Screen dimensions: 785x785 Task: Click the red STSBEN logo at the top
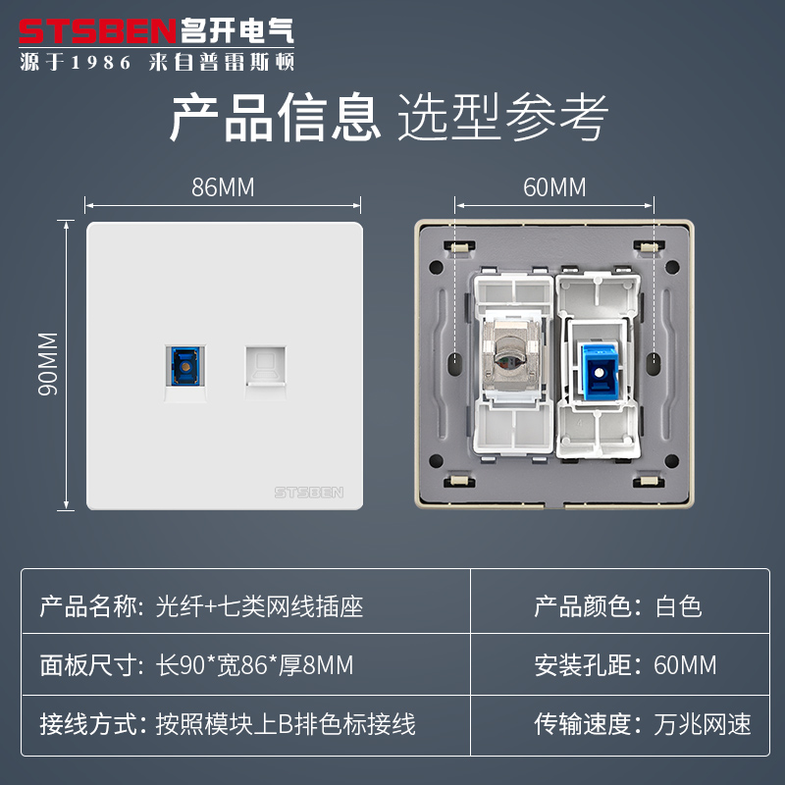[x=98, y=30]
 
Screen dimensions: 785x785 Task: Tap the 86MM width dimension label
[x=223, y=187]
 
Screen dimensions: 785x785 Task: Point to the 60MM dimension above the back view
[x=553, y=186]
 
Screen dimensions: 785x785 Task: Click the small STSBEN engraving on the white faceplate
[x=309, y=492]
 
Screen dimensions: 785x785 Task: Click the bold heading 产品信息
[x=276, y=118]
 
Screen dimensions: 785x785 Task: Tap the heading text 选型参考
[x=503, y=118]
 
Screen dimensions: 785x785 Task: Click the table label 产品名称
[x=85, y=606]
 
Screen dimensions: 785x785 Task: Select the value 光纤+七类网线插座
[x=260, y=606]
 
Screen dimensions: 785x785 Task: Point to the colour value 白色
[x=678, y=606]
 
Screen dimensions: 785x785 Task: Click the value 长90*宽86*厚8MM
[x=254, y=665]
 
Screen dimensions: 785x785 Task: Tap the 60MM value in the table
[x=685, y=665]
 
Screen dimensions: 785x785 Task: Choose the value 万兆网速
[x=703, y=724]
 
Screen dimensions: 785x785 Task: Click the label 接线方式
[x=85, y=724]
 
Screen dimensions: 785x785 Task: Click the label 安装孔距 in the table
[x=580, y=665]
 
